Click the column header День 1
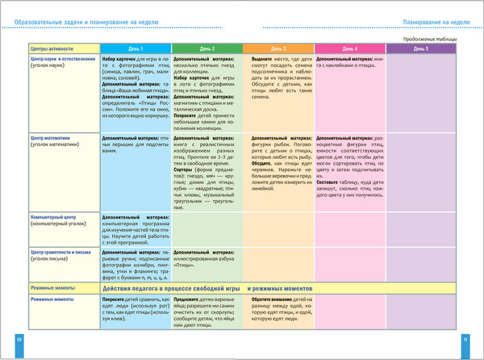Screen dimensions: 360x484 pyautogui.click(x=135, y=49)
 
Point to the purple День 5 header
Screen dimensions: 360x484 pyautogui.click(x=422, y=49)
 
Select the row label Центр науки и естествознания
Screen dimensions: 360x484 pyautogui.click(x=58, y=63)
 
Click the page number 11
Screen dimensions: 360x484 pyautogui.click(x=465, y=340)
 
